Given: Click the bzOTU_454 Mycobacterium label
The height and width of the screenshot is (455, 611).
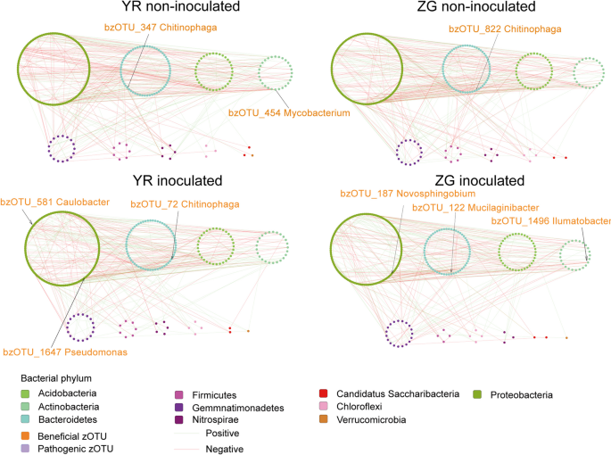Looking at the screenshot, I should [289, 112].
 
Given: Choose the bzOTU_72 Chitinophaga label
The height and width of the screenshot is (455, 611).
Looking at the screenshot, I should [180, 204].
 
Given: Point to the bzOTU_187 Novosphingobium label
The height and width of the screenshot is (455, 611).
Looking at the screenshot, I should [409, 194].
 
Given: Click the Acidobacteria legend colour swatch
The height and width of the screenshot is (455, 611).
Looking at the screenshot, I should [27, 393].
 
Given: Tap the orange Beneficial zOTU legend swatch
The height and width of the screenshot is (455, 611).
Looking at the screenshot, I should [27, 434].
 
